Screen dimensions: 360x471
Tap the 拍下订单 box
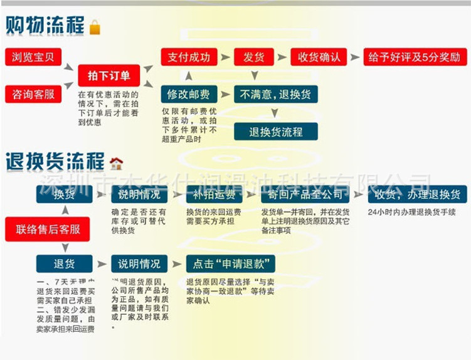pyautogui.click(x=109, y=76)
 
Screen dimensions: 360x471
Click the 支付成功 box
pyautogui.click(x=189, y=57)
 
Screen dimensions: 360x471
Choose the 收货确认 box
pyautogui.click(x=319, y=57)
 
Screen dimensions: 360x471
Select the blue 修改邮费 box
pyautogui.click(x=188, y=94)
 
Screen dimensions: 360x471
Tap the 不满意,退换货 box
pyautogui.click(x=275, y=94)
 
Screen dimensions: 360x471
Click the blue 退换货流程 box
pyautogui.click(x=275, y=132)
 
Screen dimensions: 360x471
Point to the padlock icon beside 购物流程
pyautogui.click(x=95, y=27)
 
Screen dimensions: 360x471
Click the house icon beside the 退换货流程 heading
pyautogui.click(x=116, y=164)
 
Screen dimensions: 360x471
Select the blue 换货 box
pyautogui.click(x=64, y=194)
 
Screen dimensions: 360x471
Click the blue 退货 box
pyautogui.click(x=64, y=263)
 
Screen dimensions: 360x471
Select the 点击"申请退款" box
pyautogui.click(x=230, y=263)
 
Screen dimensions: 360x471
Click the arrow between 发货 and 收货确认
pyautogui.click(x=282, y=57)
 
